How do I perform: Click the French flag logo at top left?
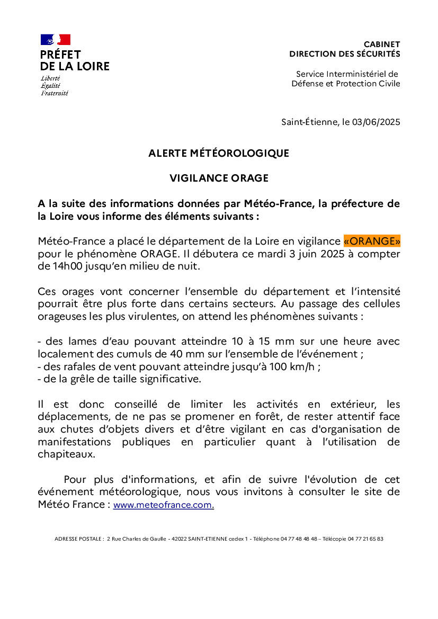tap(56, 40)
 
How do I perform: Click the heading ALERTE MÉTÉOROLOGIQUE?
tap(219, 153)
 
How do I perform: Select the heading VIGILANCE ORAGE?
tap(219, 178)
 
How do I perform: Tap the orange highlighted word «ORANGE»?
tap(372, 241)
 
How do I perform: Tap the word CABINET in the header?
tap(382, 44)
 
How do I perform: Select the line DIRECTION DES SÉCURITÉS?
tap(345, 54)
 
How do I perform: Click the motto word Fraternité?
tap(55, 93)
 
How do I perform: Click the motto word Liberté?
tap(50, 78)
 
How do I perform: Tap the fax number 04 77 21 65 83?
tap(365, 539)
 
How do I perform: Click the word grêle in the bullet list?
tap(80, 379)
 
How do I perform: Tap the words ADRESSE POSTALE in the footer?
tap(79, 539)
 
